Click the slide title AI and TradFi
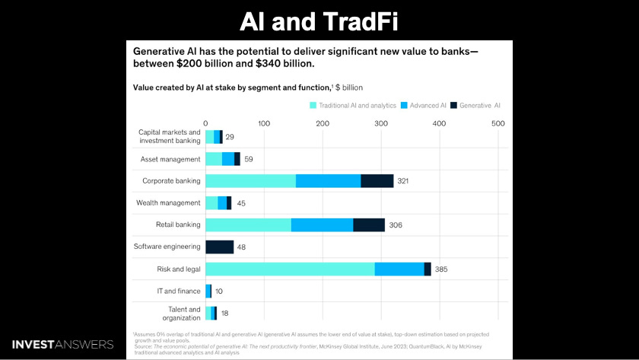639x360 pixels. (x=319, y=21)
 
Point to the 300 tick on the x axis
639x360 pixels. (x=380, y=123)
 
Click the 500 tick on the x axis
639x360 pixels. (x=498, y=123)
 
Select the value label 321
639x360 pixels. (x=406, y=180)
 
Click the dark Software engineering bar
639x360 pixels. (x=219, y=247)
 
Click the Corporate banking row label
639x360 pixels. (x=171, y=180)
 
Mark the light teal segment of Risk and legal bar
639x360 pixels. (x=289, y=269)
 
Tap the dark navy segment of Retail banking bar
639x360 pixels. (x=369, y=225)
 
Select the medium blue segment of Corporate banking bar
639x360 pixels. (x=328, y=180)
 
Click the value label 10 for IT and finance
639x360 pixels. (x=219, y=291)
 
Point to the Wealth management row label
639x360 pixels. (x=168, y=202)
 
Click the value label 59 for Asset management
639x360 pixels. (x=249, y=158)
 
